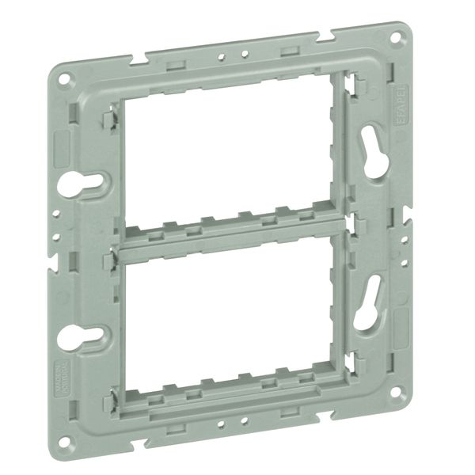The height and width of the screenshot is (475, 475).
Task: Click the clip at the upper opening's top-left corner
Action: click(x=111, y=119)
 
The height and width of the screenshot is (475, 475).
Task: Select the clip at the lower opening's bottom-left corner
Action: click(x=117, y=393)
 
